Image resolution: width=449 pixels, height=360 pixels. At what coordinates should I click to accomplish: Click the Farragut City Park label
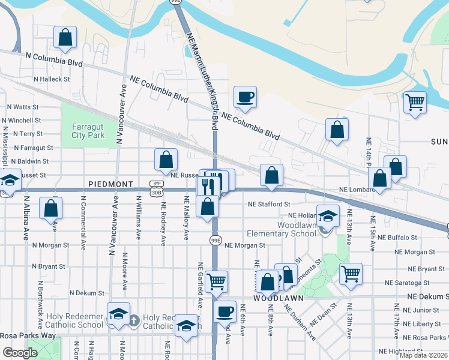88,131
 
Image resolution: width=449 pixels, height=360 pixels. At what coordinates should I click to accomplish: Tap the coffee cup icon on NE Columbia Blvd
246,96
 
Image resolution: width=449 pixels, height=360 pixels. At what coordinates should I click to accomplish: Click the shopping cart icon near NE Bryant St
351,273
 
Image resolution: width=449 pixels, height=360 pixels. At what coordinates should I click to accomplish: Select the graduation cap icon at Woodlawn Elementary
328,215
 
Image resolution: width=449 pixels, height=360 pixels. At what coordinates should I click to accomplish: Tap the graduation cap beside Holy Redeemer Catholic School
119,314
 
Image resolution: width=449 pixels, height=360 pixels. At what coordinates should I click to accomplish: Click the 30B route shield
156,192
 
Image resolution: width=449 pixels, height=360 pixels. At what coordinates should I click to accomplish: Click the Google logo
20,353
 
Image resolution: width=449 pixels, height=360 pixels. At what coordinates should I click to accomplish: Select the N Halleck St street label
52,79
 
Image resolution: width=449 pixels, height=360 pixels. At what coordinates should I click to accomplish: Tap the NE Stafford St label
270,204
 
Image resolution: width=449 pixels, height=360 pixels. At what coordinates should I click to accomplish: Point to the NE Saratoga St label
408,283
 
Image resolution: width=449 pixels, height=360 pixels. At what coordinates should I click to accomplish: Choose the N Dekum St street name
87,293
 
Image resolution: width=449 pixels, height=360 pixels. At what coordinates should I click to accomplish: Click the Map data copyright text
424,355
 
